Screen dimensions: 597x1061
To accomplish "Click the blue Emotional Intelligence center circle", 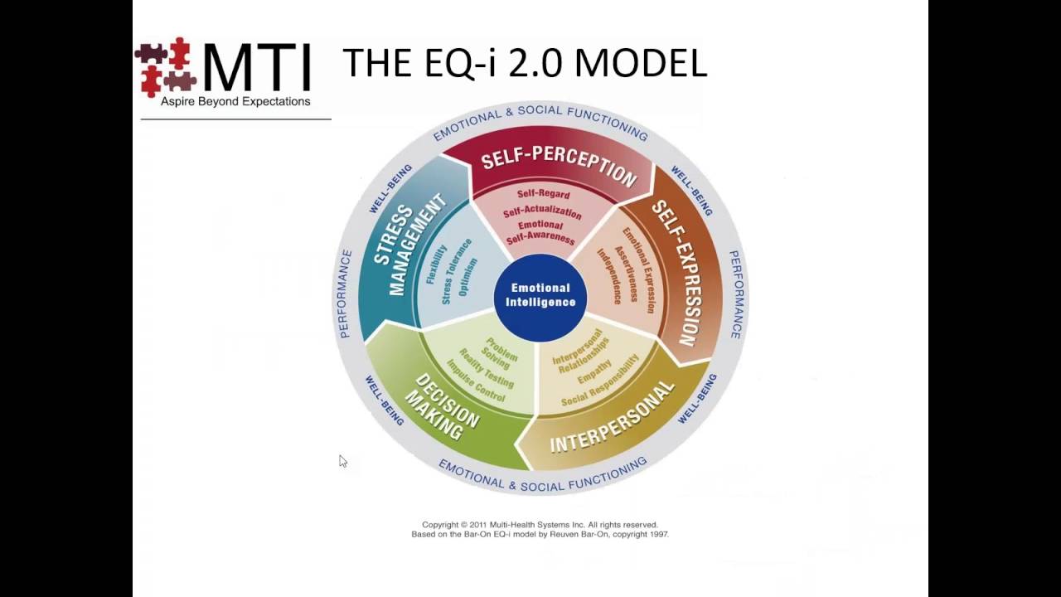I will pos(540,295).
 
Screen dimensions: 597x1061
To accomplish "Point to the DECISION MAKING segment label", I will pos(445,406).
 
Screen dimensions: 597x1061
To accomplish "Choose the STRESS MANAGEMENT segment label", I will pos(408,245).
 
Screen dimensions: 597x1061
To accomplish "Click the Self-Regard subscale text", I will pos(543,194).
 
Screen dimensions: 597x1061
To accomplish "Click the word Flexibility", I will pos(435,265).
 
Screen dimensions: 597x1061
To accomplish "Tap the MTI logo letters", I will pos(257,67).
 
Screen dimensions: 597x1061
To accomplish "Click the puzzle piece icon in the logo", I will pos(165,66).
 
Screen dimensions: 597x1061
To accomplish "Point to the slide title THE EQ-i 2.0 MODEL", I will pos(524,63).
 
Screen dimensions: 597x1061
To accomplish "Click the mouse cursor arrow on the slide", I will pos(343,461).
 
